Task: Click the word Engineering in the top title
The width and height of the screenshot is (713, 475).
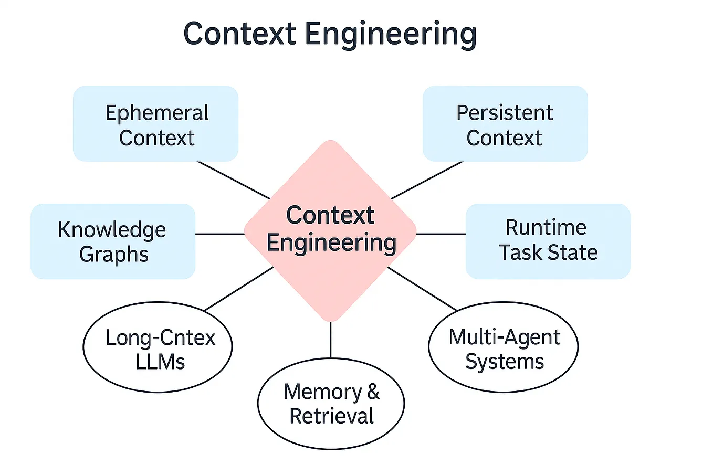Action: pos(390,34)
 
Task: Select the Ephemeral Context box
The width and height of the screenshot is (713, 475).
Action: pos(155,124)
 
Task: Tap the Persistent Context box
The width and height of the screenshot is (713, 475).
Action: pos(505,124)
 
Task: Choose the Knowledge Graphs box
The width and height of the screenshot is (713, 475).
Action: pos(113,241)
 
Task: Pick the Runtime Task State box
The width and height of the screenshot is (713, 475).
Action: pos(548,241)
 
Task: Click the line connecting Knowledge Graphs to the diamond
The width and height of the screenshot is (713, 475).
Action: pos(219,234)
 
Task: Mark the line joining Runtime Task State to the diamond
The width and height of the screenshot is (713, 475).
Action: pos(441,234)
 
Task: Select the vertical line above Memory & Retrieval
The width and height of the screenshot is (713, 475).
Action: pos(330,340)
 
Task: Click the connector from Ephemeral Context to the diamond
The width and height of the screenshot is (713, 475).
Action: pos(233,180)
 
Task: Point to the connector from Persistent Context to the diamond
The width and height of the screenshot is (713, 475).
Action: pos(427,180)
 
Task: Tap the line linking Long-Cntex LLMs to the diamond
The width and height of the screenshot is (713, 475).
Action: pos(239,289)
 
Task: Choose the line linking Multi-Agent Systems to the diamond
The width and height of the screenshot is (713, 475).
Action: pos(423,289)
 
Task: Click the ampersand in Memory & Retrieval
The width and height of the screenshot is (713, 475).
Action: pos(373,392)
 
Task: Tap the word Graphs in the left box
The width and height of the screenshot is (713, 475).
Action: pos(114,255)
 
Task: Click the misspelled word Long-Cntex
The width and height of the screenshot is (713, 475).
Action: pos(160,337)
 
